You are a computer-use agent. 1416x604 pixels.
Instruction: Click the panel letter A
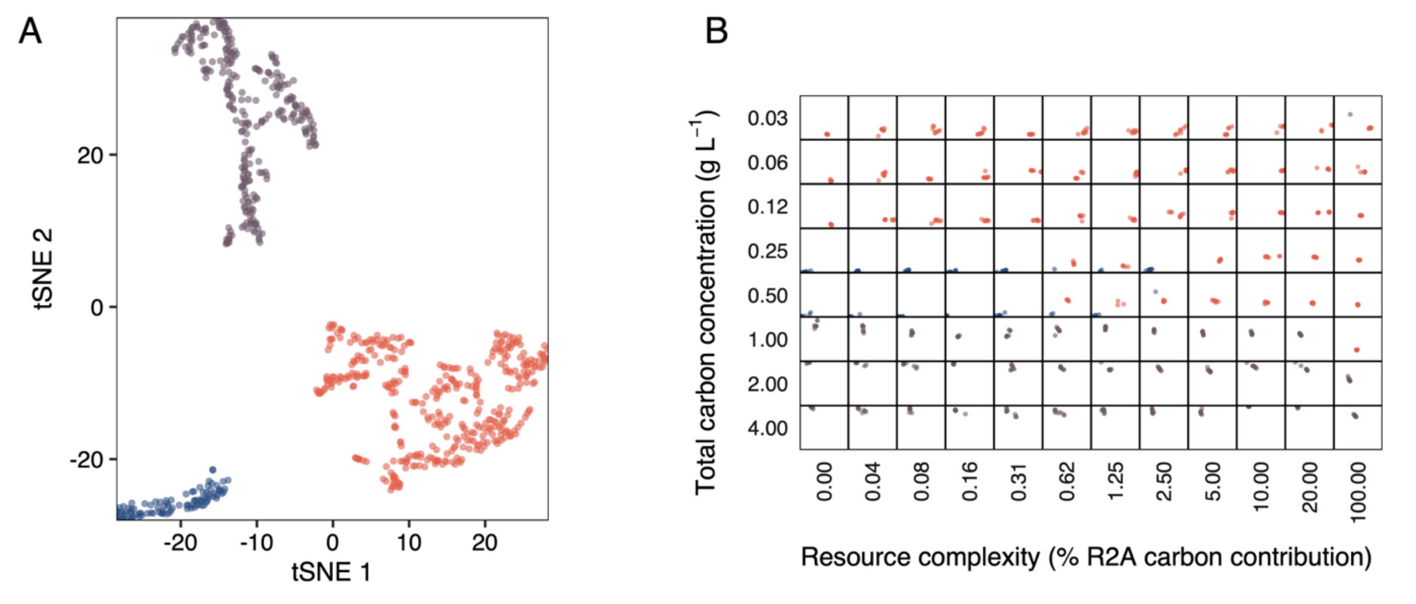point(30,31)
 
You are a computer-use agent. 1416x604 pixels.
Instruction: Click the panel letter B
point(716,31)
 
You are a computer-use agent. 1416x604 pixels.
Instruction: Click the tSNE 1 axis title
point(331,572)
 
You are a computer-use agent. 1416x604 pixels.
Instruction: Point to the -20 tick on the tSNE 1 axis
point(180,542)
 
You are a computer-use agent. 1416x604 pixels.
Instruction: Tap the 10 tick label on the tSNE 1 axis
point(409,542)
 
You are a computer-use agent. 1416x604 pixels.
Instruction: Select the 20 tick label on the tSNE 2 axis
point(89,156)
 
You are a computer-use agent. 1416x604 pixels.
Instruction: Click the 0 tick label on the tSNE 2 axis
point(97,308)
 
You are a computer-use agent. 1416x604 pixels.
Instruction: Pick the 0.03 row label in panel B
point(767,118)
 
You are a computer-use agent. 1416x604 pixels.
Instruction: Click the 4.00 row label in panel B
point(767,428)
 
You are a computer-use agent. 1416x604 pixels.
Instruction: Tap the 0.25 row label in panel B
point(767,251)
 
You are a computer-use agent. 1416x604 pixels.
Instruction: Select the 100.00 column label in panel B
point(1359,492)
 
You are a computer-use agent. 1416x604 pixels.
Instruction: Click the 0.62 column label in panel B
point(1067,482)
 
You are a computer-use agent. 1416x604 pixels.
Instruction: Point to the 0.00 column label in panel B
point(824,482)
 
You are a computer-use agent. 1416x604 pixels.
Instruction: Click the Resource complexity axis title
point(1086,558)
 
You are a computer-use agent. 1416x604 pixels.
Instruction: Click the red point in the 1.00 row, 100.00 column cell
point(1356,350)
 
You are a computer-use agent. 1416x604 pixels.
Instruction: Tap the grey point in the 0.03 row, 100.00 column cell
point(1350,114)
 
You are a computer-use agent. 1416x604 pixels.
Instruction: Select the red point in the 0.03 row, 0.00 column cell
point(827,134)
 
